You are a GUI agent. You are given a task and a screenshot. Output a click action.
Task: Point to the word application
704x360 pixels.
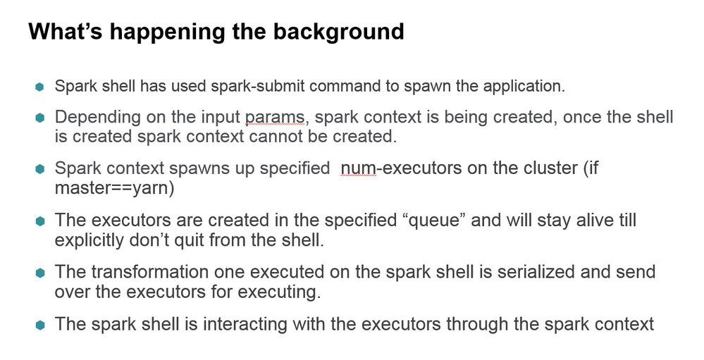click(x=524, y=87)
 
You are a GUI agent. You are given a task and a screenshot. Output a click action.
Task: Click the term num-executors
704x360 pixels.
click(x=401, y=168)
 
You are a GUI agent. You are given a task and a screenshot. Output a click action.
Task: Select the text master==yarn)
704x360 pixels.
click(x=114, y=188)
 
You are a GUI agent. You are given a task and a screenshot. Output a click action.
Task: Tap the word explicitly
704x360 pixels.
click(x=89, y=241)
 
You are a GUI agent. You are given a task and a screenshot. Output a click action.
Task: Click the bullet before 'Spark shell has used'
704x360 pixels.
click(x=39, y=87)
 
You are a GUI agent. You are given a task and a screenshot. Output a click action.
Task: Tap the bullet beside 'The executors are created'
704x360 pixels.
click(x=39, y=221)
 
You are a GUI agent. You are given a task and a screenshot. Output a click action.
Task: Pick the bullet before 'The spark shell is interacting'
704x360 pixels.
click(x=39, y=325)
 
